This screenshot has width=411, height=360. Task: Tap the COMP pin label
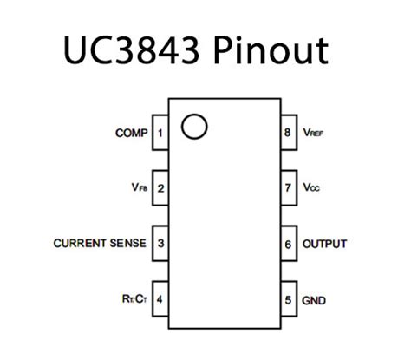pyautogui.click(x=130, y=134)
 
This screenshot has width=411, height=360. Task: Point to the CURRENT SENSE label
pyautogui.click(x=100, y=243)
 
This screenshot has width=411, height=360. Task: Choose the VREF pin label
pyautogui.click(x=314, y=134)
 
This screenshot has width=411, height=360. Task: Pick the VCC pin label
pyautogui.click(x=312, y=187)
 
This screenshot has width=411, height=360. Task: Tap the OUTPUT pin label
pyautogui.click(x=324, y=244)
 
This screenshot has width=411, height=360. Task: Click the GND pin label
pyautogui.click(x=314, y=300)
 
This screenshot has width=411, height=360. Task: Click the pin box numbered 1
pyautogui.click(x=160, y=134)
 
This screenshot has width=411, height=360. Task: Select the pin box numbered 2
pyautogui.click(x=160, y=187)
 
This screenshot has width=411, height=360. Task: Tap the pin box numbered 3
pyautogui.click(x=160, y=244)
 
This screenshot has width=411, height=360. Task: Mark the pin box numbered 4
pyautogui.click(x=160, y=300)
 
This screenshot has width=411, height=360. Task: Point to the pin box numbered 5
pyautogui.click(x=288, y=300)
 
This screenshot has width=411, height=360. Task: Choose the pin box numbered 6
pyautogui.click(x=288, y=244)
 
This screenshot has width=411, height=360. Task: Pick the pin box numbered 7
pyautogui.click(x=288, y=187)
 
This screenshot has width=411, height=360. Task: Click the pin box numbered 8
pyautogui.click(x=288, y=134)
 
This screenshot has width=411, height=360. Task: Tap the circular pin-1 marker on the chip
pyautogui.click(x=196, y=126)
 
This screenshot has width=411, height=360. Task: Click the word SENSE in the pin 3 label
pyautogui.click(x=127, y=243)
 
